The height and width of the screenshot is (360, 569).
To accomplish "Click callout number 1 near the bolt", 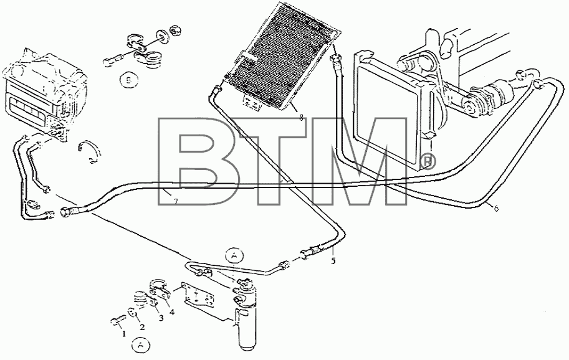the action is [124, 334].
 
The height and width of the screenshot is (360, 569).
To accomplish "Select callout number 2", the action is [142, 328].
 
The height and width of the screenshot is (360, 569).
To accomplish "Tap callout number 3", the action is [161, 318].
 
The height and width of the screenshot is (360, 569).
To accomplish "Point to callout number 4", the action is [172, 311].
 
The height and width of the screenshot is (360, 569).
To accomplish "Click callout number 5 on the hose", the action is [333, 261].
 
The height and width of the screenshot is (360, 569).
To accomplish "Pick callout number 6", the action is [496, 208].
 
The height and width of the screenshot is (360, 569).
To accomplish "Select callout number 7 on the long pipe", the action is [175, 202].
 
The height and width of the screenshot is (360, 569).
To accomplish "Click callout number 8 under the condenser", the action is [301, 118].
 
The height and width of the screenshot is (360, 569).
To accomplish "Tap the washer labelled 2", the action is [131, 312].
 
